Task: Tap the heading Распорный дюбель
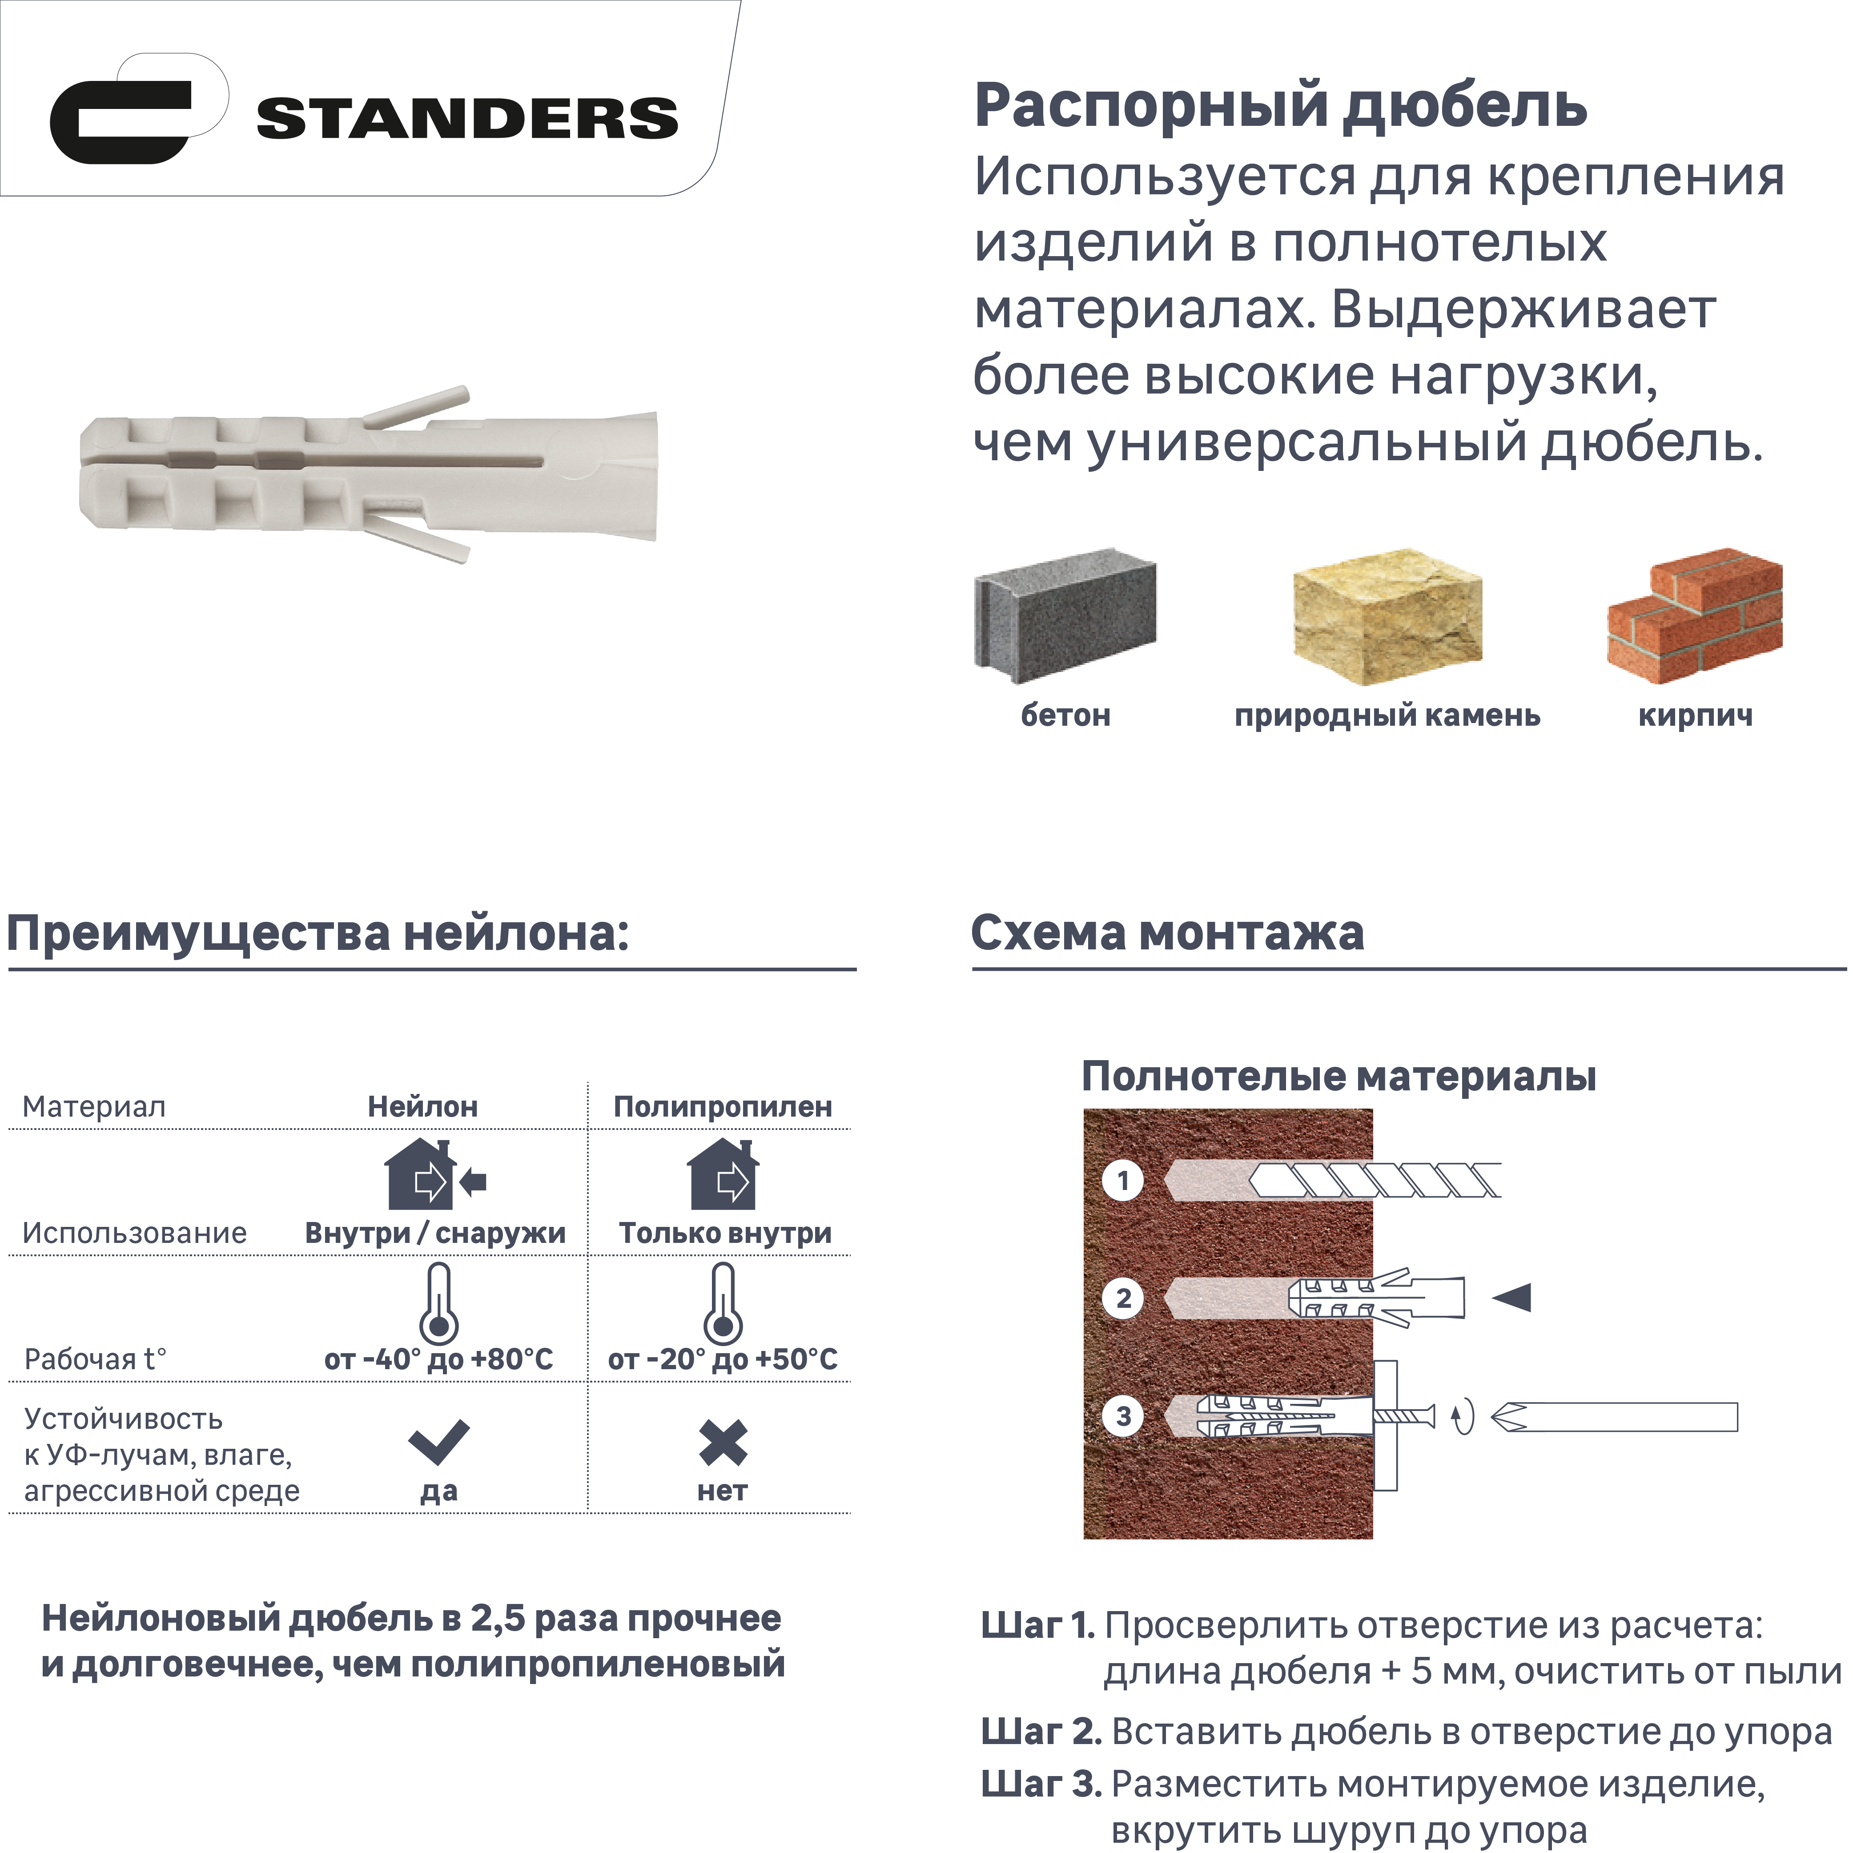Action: click(1280, 105)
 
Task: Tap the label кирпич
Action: click(1695, 715)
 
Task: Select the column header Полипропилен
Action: click(722, 1107)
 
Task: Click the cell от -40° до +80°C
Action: click(438, 1359)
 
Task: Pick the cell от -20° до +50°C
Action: click(722, 1359)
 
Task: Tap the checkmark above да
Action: click(438, 1442)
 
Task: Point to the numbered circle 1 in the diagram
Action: click(1123, 1180)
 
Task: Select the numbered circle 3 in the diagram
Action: click(1123, 1415)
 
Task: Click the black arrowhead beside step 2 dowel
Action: click(1512, 1298)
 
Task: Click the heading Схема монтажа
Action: click(1167, 932)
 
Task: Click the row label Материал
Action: click(94, 1107)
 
